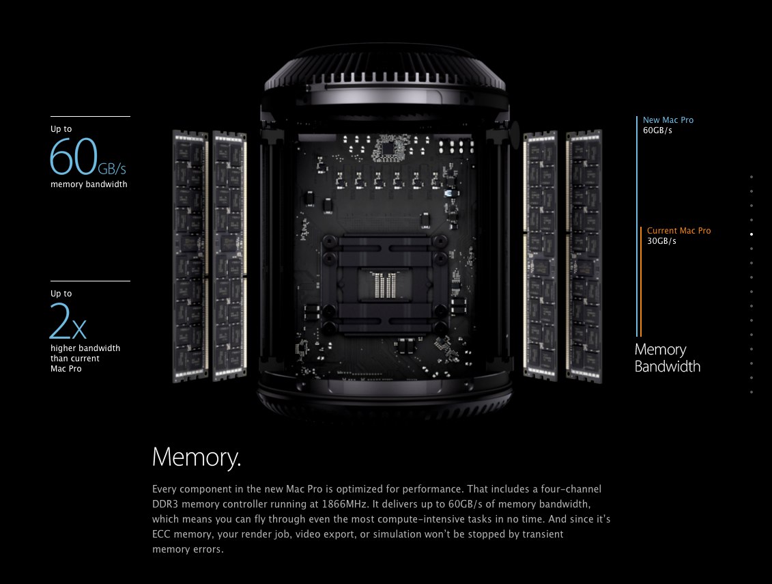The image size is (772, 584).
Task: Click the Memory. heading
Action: point(197,457)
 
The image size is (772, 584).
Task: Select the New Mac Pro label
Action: point(668,120)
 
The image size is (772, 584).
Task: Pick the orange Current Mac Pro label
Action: point(678,231)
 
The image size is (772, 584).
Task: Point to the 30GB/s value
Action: point(661,241)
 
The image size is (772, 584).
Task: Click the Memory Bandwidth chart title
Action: point(667,358)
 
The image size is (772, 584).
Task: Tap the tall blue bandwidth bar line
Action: point(637,225)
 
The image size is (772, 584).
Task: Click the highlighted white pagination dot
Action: point(752,234)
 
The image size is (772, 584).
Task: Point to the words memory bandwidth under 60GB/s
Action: point(89,184)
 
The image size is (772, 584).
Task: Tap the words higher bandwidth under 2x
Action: point(85,348)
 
